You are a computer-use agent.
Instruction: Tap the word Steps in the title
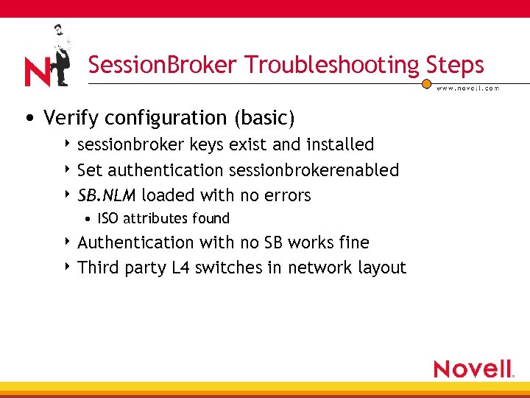pos(454,65)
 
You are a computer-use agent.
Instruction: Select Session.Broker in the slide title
pos(164,65)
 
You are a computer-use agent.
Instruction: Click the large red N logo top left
pos(37,72)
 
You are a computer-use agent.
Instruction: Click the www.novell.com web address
pos(468,88)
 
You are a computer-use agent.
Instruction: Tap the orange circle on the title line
pos(426,84)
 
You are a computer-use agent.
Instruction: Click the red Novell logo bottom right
pos(473,368)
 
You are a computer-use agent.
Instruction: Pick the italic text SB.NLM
pos(107,195)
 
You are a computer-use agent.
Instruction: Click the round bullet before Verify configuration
pos(28,119)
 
